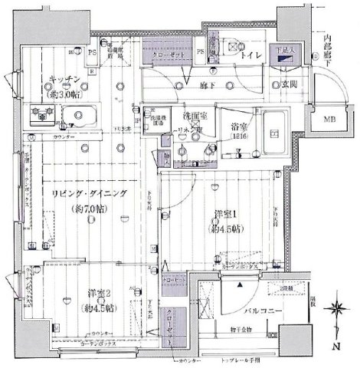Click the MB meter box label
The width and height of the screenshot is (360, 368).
tap(327, 120)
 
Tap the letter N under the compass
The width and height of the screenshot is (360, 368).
tap(338, 347)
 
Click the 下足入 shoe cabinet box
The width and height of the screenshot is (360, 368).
tap(287, 53)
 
